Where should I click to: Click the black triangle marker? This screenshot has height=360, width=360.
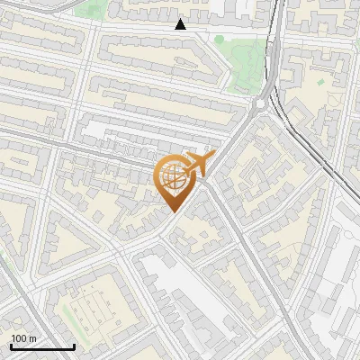click(x=180, y=24)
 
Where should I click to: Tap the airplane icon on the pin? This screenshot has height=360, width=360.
click(x=199, y=164)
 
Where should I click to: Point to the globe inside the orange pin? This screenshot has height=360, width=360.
click(x=174, y=177)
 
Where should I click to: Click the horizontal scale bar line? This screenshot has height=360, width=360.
click(x=42, y=346)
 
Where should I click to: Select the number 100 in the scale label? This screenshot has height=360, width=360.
click(x=20, y=338)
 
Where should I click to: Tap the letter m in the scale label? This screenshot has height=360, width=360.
click(x=33, y=338)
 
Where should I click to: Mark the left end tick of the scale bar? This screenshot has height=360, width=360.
click(x=11, y=345)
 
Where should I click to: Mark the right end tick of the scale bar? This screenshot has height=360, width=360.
click(x=74, y=345)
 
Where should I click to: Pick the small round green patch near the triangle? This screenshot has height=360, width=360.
click(x=219, y=39)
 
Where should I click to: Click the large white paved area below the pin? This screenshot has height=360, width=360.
click(x=180, y=288)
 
